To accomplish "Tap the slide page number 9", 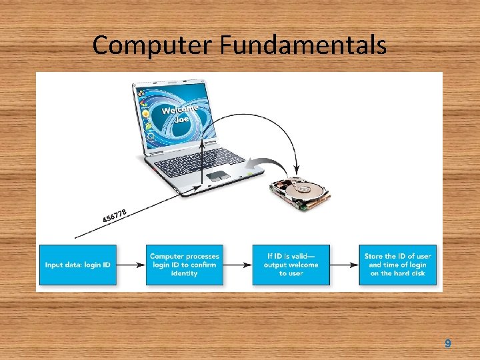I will click(447, 343).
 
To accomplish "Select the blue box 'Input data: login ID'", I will click(77, 265).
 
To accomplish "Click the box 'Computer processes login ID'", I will click(184, 265).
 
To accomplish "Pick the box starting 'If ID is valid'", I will click(291, 265).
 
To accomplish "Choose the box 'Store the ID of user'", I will click(397, 265).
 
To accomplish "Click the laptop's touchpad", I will click(218, 176).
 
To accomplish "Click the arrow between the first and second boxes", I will click(131, 265).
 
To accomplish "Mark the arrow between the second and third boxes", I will click(237, 265).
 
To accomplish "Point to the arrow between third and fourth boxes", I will click(344, 265).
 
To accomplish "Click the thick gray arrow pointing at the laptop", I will click(267, 163).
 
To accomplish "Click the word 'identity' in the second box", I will click(184, 273).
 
